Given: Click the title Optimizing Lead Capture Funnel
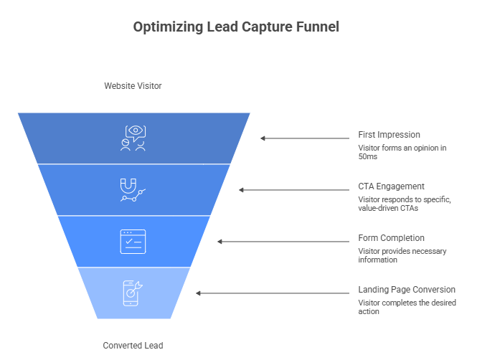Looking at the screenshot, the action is click(x=236, y=27).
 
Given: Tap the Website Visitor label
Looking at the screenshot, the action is click(x=133, y=86).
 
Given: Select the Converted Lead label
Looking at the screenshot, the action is click(x=133, y=346).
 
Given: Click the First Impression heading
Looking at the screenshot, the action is click(x=389, y=135).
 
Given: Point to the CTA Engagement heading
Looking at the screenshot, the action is click(x=391, y=186).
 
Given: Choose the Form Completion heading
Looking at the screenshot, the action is click(x=391, y=238).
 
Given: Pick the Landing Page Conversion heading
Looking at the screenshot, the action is click(x=407, y=290).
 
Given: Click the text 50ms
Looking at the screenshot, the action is click(x=368, y=156).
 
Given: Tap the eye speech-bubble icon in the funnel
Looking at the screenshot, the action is click(x=133, y=138).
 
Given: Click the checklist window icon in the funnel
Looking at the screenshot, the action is click(x=133, y=242).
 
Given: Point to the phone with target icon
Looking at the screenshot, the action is click(x=133, y=293).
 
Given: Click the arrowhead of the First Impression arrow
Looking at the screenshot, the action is click(x=263, y=138).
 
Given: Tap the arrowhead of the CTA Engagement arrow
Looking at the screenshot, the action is click(x=241, y=190).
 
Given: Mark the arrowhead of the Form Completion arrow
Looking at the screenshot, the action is click(x=219, y=242).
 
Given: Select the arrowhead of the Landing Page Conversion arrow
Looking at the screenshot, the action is click(x=198, y=293).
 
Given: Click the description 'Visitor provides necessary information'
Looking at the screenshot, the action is click(x=402, y=255).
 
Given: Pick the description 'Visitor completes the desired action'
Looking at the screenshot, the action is click(x=407, y=307).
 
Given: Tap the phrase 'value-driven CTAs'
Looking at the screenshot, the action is click(x=388, y=208).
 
